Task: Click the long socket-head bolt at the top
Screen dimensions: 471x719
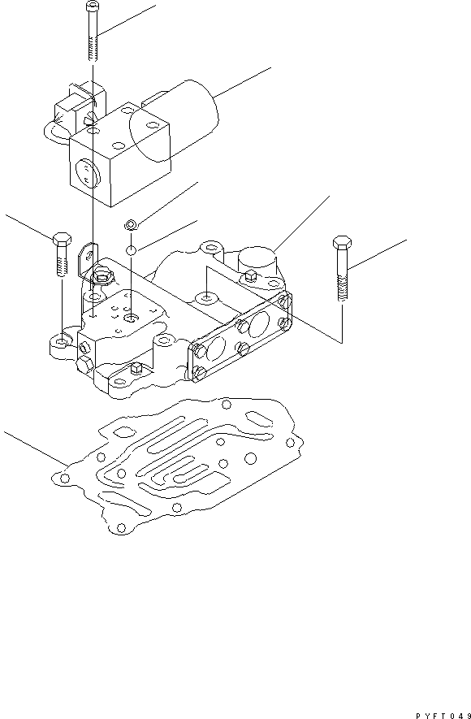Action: point(92,31)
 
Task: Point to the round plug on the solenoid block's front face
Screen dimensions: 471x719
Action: point(86,173)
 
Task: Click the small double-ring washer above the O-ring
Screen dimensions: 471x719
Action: point(131,224)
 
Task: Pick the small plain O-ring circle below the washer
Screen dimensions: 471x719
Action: point(131,250)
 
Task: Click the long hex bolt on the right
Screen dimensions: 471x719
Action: point(342,268)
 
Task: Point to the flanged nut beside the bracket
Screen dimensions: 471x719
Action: point(102,277)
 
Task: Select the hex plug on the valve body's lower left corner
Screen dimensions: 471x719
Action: point(84,366)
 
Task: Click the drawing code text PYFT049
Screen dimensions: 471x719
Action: point(443,715)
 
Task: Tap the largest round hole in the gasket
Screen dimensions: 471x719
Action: point(250,457)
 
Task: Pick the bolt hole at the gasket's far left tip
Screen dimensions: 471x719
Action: point(65,479)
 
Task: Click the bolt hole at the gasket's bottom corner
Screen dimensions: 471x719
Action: point(120,527)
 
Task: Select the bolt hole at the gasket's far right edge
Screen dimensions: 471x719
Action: point(290,443)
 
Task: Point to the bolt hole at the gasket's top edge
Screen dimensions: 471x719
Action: point(226,405)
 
